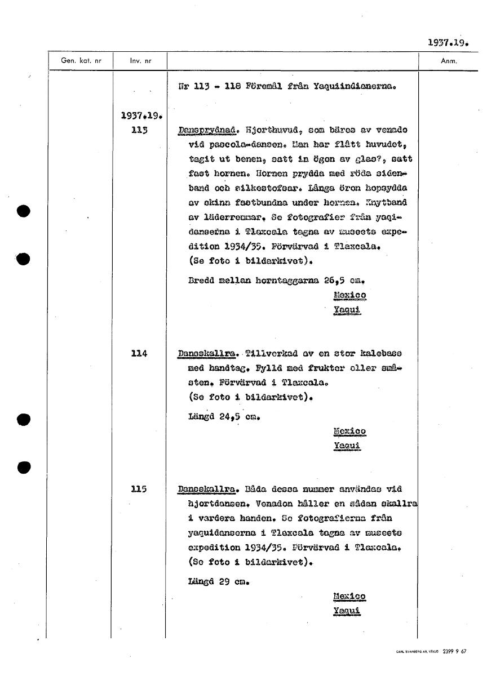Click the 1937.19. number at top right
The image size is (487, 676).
click(x=448, y=42)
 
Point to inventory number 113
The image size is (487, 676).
click(x=139, y=131)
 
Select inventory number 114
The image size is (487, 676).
click(x=139, y=354)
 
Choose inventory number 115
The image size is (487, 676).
click(x=139, y=489)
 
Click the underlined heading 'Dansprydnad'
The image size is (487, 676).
click(x=202, y=131)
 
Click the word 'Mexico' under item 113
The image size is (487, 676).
click(x=349, y=295)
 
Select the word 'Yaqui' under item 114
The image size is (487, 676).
click(x=347, y=446)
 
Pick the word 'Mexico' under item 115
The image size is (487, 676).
click(x=349, y=597)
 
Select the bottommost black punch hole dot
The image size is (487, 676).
click(x=23, y=467)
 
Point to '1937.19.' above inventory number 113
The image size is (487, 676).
click(x=141, y=117)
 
